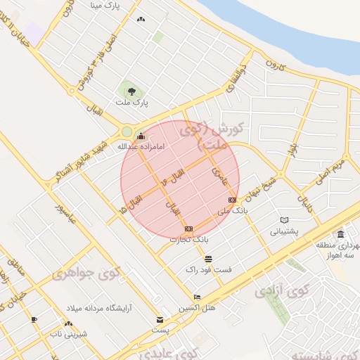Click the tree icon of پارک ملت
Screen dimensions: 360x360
pos(129,89)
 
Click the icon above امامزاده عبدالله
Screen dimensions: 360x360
pos(141,136)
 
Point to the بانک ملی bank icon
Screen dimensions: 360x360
pos(232,200)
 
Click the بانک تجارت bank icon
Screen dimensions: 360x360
pos(188,229)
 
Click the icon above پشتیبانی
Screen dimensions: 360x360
pos(284,220)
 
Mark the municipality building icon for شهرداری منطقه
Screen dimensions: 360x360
pos(340,234)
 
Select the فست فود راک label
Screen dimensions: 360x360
pos(209,269)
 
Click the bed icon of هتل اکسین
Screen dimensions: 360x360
pos(197,297)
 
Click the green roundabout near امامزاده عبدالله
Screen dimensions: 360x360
pos(127,131)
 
